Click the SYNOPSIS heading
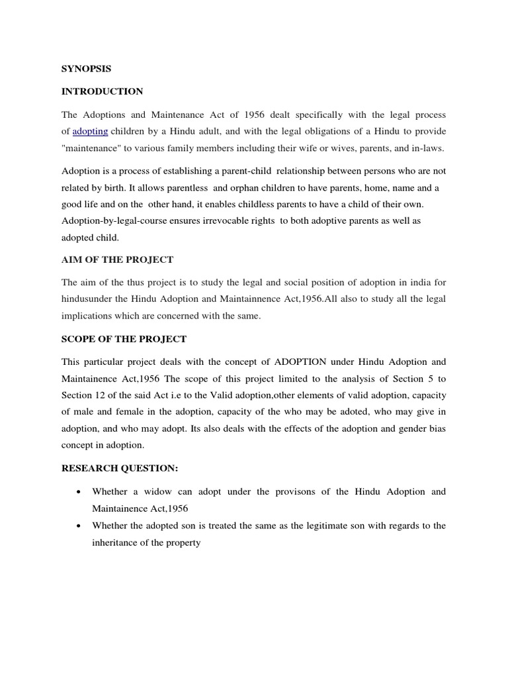click(x=83, y=68)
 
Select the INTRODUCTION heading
click(x=102, y=91)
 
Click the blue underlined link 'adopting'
click(x=90, y=132)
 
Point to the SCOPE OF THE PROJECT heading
click(x=124, y=339)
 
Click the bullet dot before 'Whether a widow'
click(x=79, y=493)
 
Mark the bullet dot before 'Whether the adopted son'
click(x=79, y=526)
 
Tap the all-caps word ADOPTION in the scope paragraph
click(x=306, y=362)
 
